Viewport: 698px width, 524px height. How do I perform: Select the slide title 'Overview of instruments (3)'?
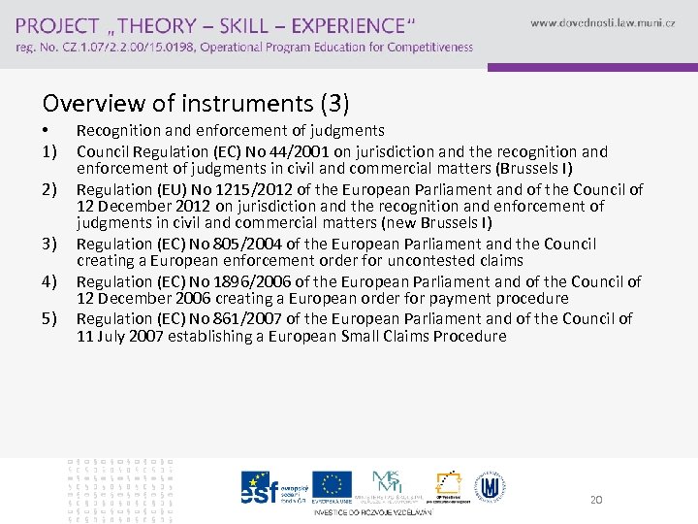(196, 102)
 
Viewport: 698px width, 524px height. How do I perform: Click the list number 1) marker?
(50, 151)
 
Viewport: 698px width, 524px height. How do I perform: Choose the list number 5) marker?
(50, 318)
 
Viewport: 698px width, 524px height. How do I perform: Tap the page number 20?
(596, 499)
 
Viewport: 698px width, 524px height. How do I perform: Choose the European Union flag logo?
(332, 485)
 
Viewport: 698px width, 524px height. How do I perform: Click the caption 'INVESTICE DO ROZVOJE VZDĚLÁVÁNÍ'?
(373, 511)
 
